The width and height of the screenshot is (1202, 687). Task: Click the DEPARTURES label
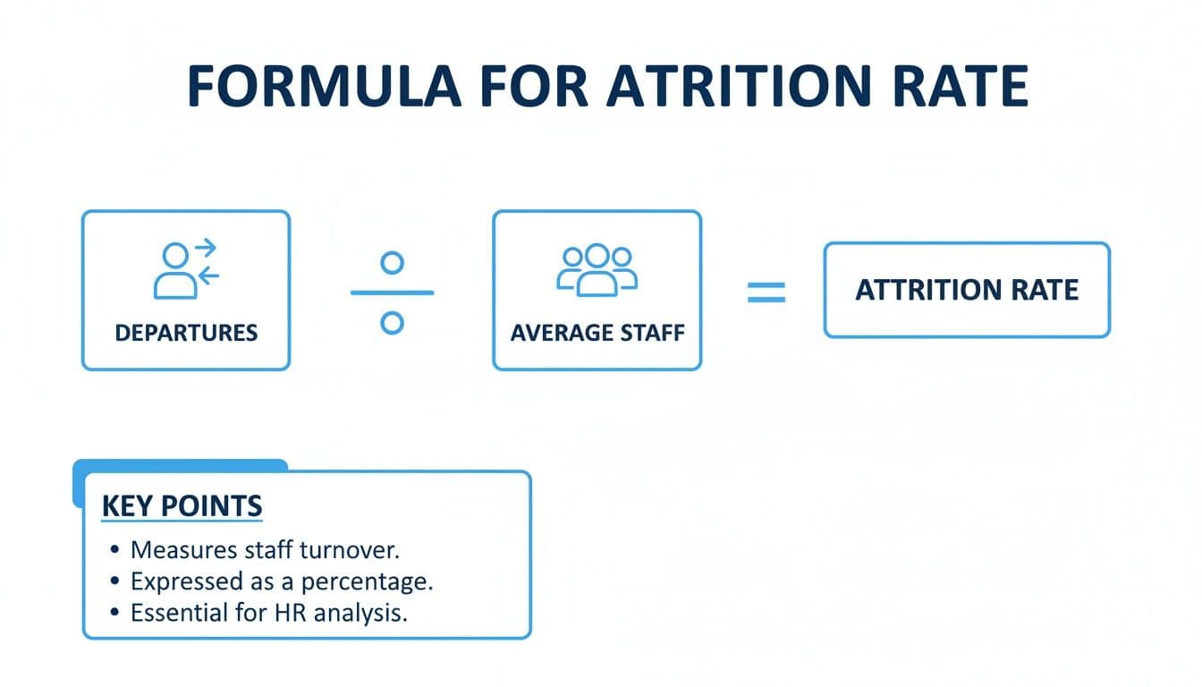pyautogui.click(x=186, y=334)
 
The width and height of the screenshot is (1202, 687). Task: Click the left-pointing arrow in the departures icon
pyautogui.click(x=207, y=276)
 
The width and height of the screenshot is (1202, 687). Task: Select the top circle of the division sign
pyautogui.click(x=392, y=262)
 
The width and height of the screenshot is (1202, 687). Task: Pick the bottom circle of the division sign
pyautogui.click(x=392, y=322)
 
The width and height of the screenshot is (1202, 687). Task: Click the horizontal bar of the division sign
pyautogui.click(x=392, y=293)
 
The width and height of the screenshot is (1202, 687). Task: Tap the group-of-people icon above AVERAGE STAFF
pyautogui.click(x=597, y=268)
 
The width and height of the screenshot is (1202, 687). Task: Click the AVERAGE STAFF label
pyautogui.click(x=597, y=334)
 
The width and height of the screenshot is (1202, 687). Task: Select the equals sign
pyautogui.click(x=766, y=293)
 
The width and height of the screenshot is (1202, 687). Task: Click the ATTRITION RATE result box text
pyautogui.click(x=967, y=290)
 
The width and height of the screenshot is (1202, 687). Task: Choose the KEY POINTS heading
pyautogui.click(x=182, y=505)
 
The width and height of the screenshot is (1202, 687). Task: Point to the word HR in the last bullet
pyautogui.click(x=284, y=613)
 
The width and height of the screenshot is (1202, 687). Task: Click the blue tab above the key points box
pyautogui.click(x=179, y=465)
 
